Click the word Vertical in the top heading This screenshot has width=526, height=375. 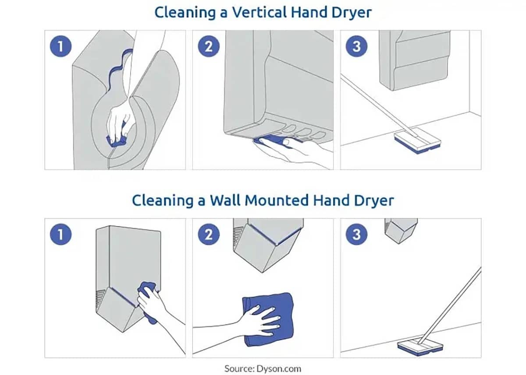coord(259,12)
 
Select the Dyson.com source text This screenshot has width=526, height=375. coord(279,369)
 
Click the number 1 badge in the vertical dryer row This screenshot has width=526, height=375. coord(60,46)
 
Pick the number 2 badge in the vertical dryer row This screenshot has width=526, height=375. coord(209,46)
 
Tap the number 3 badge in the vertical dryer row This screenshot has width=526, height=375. coord(356,46)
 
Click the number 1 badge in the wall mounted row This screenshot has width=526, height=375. coord(60,235)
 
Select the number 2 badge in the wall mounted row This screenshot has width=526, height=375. coord(209,235)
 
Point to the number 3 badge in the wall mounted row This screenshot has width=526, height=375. coord(356,235)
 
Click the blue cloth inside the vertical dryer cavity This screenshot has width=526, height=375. coord(116,141)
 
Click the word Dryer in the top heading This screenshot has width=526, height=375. coord(352,13)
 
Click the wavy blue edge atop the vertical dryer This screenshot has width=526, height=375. coord(119,68)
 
